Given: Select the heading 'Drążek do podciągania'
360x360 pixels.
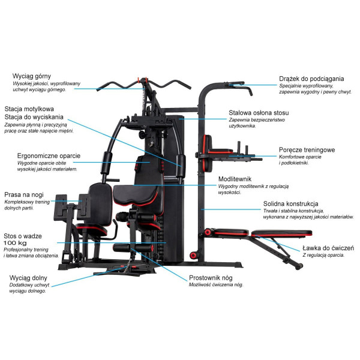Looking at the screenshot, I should point(311,79).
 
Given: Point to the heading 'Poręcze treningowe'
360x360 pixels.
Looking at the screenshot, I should point(307,149).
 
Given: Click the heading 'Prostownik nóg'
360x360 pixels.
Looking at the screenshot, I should point(211,278).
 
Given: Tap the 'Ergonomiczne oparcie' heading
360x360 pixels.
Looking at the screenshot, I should point(49,156).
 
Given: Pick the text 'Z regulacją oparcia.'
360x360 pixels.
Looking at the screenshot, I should point(323,255).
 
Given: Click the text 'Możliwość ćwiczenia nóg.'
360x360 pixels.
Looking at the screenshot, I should point(216,285).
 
